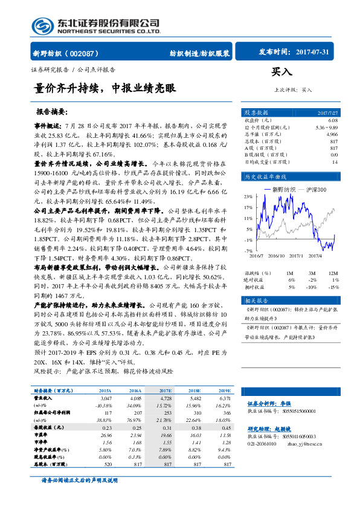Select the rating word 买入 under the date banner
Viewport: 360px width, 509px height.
(x=281, y=71)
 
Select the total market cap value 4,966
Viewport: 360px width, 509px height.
(x=332, y=134)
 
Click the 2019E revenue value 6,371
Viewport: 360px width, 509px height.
(x=225, y=399)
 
